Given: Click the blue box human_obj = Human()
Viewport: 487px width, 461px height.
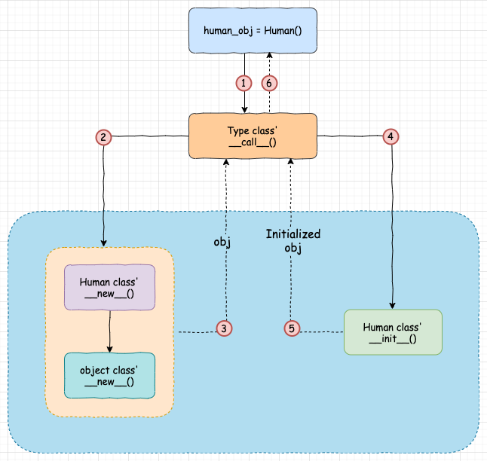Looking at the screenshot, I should pyautogui.click(x=253, y=31).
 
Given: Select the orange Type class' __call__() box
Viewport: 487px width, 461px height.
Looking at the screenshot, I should pyautogui.click(x=253, y=136).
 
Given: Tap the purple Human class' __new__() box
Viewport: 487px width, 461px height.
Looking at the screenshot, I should pyautogui.click(x=110, y=288).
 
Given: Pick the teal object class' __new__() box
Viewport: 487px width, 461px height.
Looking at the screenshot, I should pyautogui.click(x=110, y=376).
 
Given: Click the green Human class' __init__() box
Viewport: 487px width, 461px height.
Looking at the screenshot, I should pyautogui.click(x=392, y=332).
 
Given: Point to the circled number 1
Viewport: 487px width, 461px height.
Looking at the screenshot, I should pyautogui.click(x=243, y=83).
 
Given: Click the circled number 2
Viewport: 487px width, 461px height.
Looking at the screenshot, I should pyautogui.click(x=103, y=136).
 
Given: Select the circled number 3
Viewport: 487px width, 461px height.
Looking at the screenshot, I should pyautogui.click(x=224, y=328).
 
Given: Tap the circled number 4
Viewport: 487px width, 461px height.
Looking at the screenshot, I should pyautogui.click(x=390, y=136).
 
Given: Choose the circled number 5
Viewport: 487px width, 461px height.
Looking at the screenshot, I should pyautogui.click(x=293, y=328).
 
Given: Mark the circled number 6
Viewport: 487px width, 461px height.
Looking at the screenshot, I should pyautogui.click(x=268, y=83).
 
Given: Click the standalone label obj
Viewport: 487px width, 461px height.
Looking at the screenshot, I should pyautogui.click(x=221, y=243).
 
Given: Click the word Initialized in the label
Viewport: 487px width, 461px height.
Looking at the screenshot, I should pyautogui.click(x=293, y=234).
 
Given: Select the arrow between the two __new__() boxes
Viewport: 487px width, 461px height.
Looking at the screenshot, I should pyautogui.click(x=110, y=331).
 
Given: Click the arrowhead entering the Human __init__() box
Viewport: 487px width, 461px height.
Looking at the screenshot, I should pyautogui.click(x=392, y=305).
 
